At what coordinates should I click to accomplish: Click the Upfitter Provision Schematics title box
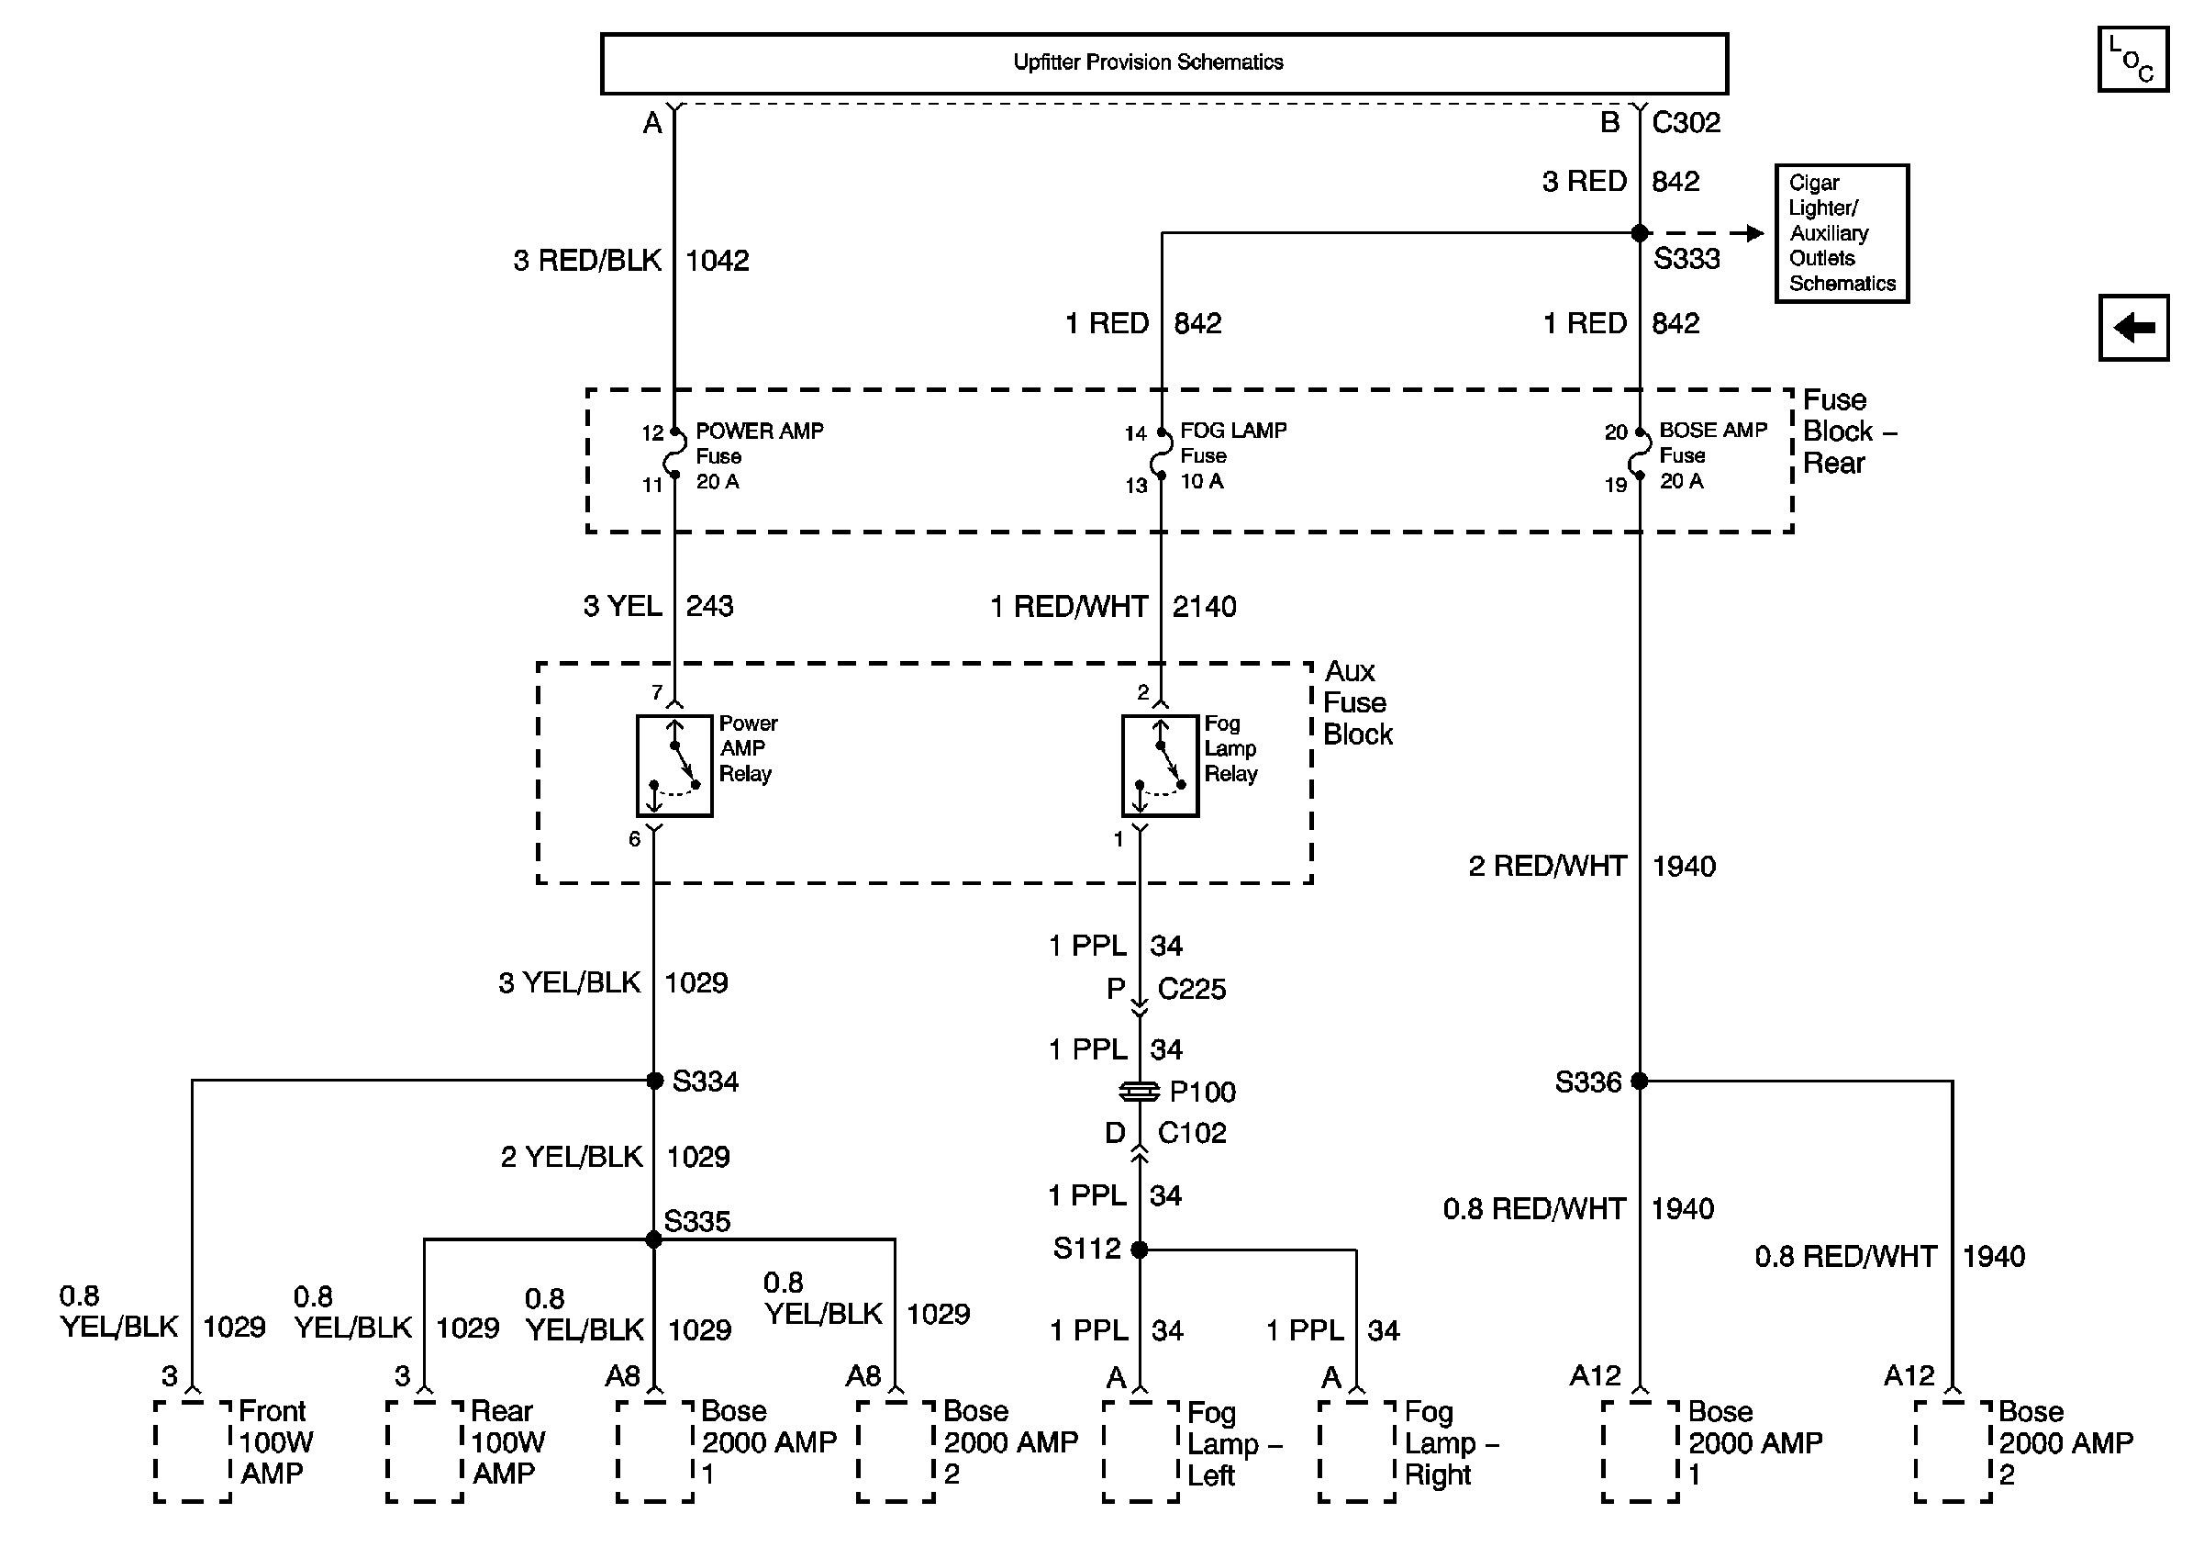[1163, 63]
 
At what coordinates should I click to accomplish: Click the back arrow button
[2133, 328]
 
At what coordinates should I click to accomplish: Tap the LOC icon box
[2132, 61]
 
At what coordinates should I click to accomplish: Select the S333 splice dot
[1640, 233]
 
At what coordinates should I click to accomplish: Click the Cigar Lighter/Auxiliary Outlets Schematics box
[1842, 233]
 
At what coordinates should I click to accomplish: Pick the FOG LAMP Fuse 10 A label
[1232, 455]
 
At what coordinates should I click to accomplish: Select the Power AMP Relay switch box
[673, 766]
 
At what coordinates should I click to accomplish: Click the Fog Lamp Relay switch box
[1160, 766]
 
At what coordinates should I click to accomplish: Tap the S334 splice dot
[654, 1081]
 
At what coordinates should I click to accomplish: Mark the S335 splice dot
[653, 1239]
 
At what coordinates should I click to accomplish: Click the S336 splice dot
[1640, 1082]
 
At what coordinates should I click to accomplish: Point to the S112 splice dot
[1140, 1250]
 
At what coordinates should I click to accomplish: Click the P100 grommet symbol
[1140, 1092]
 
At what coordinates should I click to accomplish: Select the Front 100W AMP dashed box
[193, 1450]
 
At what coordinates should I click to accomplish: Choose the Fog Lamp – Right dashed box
[1356, 1450]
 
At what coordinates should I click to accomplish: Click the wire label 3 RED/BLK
[586, 260]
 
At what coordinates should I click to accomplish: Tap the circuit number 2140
[1204, 607]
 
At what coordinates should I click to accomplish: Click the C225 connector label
[1191, 989]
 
